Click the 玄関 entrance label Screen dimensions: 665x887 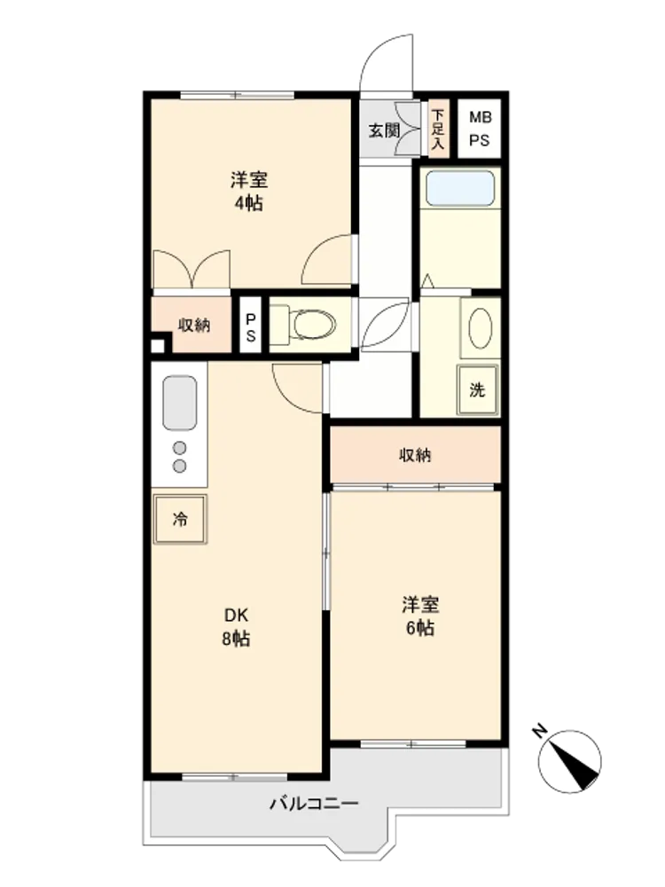(x=384, y=130)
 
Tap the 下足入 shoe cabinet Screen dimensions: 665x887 (x=438, y=130)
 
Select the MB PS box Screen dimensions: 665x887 (x=479, y=129)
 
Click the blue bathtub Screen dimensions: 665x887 (x=459, y=188)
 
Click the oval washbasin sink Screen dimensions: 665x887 (x=481, y=329)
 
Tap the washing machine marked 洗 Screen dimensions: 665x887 (x=478, y=389)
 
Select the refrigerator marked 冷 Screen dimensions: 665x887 (x=180, y=519)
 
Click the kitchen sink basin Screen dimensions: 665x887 (x=180, y=403)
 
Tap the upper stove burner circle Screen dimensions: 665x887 (x=180, y=448)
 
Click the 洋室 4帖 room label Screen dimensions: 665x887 (x=249, y=192)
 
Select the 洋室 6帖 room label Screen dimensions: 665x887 (x=420, y=616)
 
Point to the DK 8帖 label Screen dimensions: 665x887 (x=236, y=627)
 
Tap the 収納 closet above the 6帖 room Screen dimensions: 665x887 (x=416, y=455)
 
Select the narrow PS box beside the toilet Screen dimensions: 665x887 (x=251, y=326)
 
